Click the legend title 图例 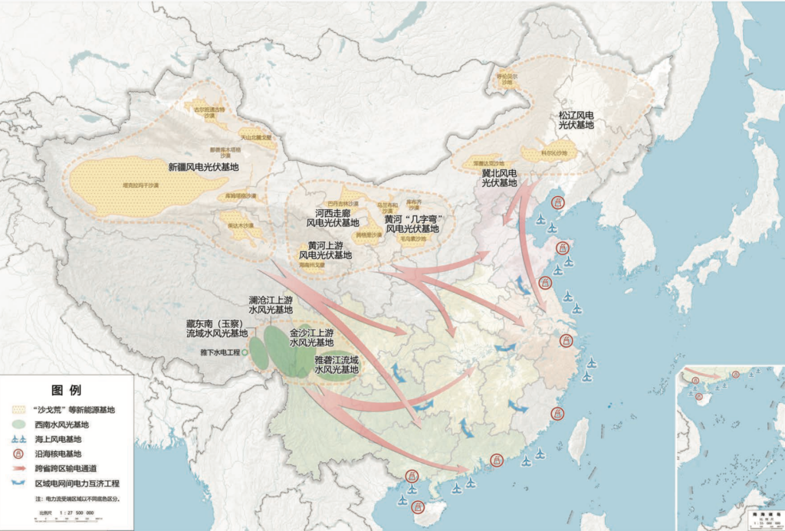[x=67, y=390]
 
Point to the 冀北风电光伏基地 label [x=500, y=178]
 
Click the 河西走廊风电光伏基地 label [x=333, y=218]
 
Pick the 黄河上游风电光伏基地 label [x=325, y=250]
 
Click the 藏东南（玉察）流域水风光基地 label [x=217, y=329]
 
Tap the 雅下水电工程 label [x=220, y=353]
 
